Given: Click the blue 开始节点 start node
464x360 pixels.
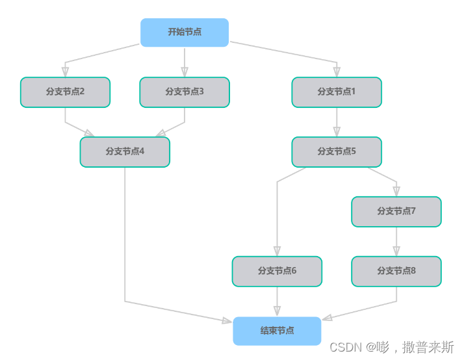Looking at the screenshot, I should click(x=185, y=32).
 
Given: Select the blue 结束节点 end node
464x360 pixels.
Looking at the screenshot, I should click(x=277, y=331).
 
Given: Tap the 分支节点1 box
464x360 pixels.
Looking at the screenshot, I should click(x=336, y=92).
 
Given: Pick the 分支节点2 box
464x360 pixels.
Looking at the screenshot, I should click(x=65, y=92).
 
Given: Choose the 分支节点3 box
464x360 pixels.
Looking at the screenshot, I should click(x=185, y=92).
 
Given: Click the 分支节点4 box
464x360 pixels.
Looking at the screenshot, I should click(x=125, y=152).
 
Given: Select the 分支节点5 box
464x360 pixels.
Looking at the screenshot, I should click(x=336, y=152).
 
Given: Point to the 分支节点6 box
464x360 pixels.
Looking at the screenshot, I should click(x=277, y=271).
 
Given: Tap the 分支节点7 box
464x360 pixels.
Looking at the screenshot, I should click(x=396, y=212).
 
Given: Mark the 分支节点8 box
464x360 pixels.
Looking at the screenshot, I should click(x=396, y=271).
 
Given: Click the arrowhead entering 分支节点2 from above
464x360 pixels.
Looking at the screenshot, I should click(x=65, y=72).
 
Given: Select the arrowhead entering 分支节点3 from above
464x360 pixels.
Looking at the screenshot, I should click(x=185, y=72).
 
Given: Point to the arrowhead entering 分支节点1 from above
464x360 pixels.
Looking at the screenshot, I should click(x=336, y=72).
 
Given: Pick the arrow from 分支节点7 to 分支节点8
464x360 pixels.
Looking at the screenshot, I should click(x=396, y=241).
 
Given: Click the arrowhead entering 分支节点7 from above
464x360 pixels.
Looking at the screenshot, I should click(x=396, y=191).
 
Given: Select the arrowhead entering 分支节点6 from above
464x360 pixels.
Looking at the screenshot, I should click(x=277, y=251).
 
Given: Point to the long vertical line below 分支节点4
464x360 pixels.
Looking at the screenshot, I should click(x=125, y=234).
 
